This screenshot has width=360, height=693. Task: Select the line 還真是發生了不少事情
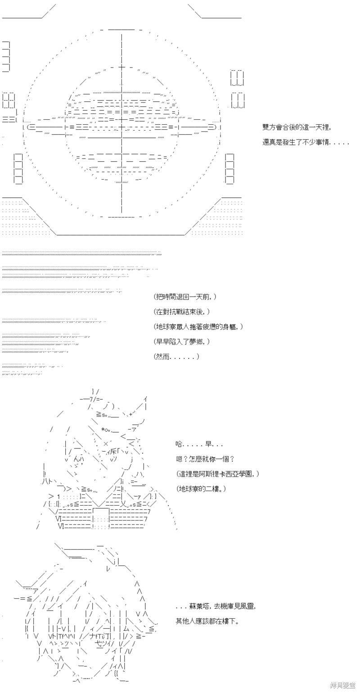point(306,142)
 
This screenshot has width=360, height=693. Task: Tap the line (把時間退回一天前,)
point(184,297)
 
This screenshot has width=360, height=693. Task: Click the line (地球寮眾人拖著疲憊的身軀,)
point(198,326)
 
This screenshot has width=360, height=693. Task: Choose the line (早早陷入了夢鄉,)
point(181,342)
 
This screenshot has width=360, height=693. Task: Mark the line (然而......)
point(176,356)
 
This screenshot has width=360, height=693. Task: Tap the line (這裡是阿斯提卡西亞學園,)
point(217,474)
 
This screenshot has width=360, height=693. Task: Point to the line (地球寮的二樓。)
point(201,489)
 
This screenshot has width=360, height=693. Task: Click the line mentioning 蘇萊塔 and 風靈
point(216,606)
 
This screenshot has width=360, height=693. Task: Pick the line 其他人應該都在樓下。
point(207,621)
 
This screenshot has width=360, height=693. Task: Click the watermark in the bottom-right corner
point(343,686)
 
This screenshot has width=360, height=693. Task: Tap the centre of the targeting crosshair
point(122,127)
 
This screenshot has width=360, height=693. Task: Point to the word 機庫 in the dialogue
point(227,606)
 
